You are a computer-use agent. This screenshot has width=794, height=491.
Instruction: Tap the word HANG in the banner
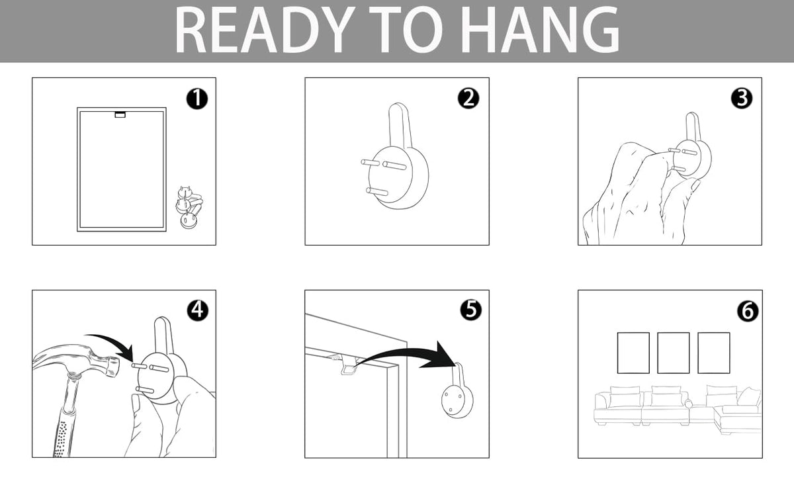coord(540,30)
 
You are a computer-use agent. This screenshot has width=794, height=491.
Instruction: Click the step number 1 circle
coord(197,99)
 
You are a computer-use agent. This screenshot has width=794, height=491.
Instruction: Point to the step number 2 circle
coord(468,98)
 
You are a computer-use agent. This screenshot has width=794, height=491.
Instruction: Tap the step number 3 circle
coord(742,98)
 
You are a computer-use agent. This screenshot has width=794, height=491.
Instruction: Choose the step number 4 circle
coord(197,310)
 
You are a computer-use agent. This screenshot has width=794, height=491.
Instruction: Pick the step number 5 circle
coord(470,310)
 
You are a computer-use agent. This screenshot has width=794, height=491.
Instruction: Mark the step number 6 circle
coord(748,311)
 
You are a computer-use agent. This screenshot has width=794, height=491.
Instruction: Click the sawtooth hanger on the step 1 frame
coord(120,115)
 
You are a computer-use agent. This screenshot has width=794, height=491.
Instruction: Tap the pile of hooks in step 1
coord(189,208)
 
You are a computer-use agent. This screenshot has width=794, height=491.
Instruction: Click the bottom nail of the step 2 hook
coord(376,191)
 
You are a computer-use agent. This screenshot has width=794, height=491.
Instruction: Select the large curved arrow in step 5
coord(408,355)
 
